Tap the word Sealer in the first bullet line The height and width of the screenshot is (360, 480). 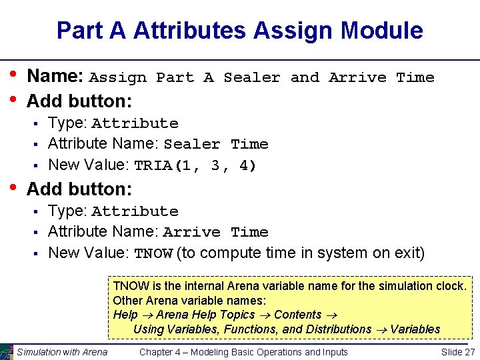(x=252, y=77)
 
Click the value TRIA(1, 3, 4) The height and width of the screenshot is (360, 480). (x=195, y=165)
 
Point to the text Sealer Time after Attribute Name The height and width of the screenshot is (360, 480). (x=215, y=144)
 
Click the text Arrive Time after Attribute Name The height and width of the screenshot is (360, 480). (x=215, y=232)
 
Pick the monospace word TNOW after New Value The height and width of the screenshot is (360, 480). (x=153, y=253)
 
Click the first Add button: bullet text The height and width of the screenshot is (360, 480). (x=79, y=101)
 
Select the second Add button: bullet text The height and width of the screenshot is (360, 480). (x=79, y=189)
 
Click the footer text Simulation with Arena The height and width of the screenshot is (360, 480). (x=62, y=352)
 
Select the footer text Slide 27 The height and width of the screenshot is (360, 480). (x=458, y=352)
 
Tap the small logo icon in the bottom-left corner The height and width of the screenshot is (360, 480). (x=7, y=351)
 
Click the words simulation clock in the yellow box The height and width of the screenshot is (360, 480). (x=429, y=286)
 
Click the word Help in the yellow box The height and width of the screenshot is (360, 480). (x=125, y=315)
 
